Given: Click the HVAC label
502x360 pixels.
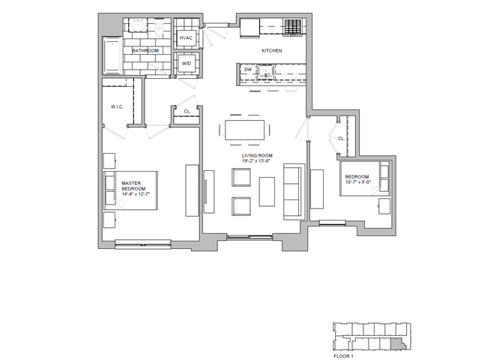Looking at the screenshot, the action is click(x=186, y=37).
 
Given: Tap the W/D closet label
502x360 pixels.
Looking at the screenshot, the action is click(x=187, y=64).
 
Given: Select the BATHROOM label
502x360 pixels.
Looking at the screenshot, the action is click(x=145, y=51).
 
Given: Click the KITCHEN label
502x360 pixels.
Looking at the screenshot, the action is click(x=272, y=51).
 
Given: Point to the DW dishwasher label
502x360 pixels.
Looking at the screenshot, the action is click(x=248, y=70).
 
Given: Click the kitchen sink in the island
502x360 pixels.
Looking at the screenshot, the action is click(x=265, y=71).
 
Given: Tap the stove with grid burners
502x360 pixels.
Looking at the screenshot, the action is click(x=293, y=27).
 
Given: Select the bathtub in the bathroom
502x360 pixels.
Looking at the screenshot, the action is click(x=112, y=55).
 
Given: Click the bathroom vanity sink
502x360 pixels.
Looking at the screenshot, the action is click(x=139, y=25).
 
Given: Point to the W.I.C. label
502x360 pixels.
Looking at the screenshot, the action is click(x=117, y=106).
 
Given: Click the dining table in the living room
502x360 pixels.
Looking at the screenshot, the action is click(x=244, y=130).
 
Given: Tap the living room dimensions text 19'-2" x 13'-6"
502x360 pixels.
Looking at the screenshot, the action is click(x=257, y=161).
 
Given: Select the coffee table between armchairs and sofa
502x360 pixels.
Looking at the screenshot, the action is click(x=267, y=192).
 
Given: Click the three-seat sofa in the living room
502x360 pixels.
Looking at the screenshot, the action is click(x=293, y=192).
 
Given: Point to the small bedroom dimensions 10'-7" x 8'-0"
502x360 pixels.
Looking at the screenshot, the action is click(x=358, y=182).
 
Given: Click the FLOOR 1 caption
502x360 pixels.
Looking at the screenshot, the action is click(x=343, y=356).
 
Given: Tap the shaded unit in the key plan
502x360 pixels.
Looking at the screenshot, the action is click(x=398, y=343).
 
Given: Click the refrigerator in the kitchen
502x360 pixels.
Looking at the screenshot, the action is click(x=250, y=28).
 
